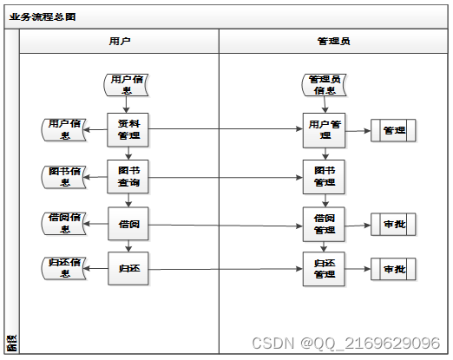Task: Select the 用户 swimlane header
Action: click(x=121, y=41)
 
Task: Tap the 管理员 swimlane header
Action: click(x=334, y=41)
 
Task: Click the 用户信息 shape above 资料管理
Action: click(x=127, y=84)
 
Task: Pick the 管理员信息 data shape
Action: click(x=324, y=84)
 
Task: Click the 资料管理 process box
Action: click(x=128, y=130)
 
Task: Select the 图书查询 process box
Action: click(x=128, y=177)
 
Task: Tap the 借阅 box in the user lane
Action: click(x=128, y=224)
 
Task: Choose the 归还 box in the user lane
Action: click(x=128, y=269)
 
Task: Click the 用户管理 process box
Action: click(x=325, y=130)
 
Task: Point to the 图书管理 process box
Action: click(x=325, y=177)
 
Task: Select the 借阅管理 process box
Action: click(x=325, y=224)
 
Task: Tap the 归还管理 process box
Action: click(x=325, y=269)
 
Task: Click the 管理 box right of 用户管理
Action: click(x=393, y=130)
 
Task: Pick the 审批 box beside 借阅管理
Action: click(x=393, y=224)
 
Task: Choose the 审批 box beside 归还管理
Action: click(x=393, y=269)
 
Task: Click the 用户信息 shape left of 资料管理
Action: click(x=64, y=130)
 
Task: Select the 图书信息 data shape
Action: click(x=64, y=177)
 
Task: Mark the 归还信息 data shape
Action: click(x=64, y=269)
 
